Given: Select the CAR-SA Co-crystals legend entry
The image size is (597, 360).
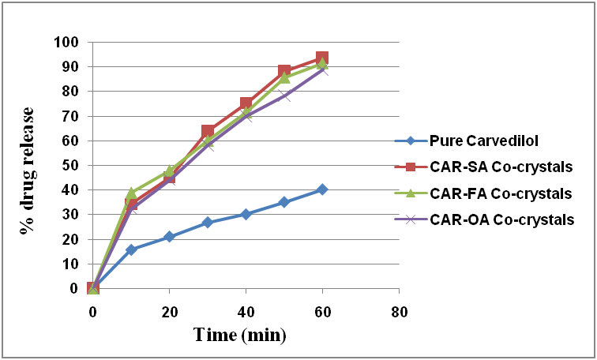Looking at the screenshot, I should (x=497, y=167).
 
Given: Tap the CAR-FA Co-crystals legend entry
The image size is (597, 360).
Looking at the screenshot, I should (x=497, y=193).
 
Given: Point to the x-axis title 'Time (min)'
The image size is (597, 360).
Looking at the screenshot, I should (x=240, y=334).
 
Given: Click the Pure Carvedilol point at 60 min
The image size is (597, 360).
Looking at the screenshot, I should (x=322, y=189).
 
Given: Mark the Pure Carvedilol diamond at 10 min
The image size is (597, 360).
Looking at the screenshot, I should (x=131, y=249).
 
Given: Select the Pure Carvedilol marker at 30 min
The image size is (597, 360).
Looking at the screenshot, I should (x=208, y=223).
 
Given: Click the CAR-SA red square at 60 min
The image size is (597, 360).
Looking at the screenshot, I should (x=322, y=58).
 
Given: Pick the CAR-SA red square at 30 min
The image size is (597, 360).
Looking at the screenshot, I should (x=208, y=131).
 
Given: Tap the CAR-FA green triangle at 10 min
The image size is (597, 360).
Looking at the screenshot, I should (x=131, y=193).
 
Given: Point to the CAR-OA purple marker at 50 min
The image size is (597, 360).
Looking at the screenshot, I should (x=284, y=96).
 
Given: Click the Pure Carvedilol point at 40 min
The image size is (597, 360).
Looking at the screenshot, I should (x=246, y=214).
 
